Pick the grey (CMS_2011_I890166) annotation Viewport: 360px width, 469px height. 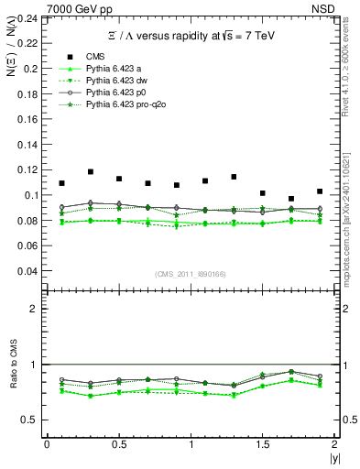tap(190, 275)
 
